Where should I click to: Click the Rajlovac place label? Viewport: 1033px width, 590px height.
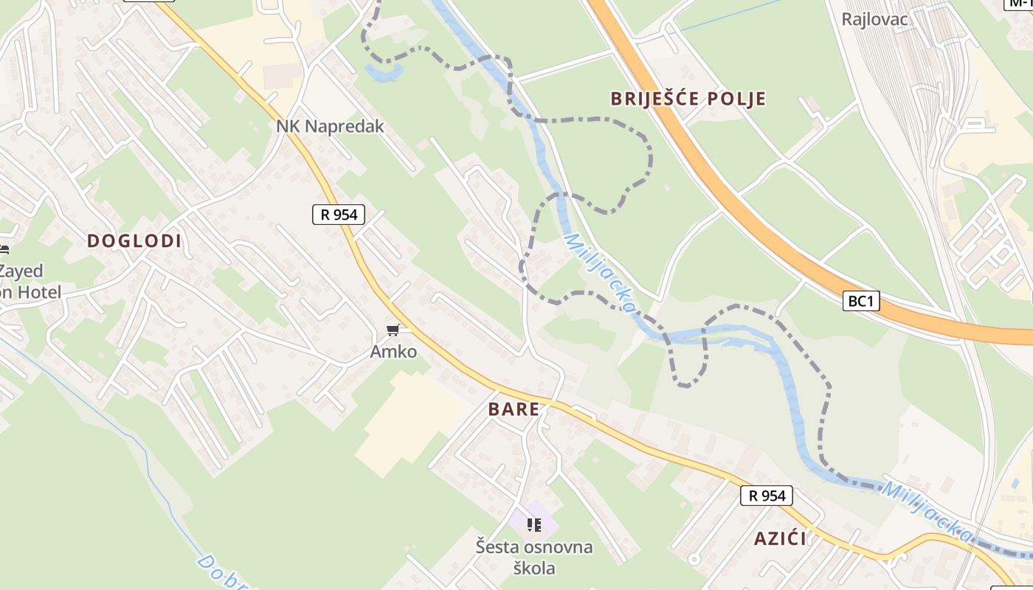pyautogui.click(x=874, y=18)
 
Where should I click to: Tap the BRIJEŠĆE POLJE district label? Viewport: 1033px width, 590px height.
pyautogui.click(x=688, y=99)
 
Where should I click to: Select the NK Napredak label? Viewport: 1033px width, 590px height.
pyautogui.click(x=330, y=126)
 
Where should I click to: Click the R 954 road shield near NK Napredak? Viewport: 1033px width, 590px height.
pyautogui.click(x=339, y=215)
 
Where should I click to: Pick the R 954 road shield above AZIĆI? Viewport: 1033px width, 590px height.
pyautogui.click(x=767, y=496)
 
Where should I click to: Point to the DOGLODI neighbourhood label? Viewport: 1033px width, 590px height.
pyautogui.click(x=134, y=240)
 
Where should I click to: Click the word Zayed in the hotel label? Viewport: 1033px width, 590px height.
pyautogui.click(x=22, y=271)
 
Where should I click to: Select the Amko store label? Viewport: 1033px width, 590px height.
pyautogui.click(x=393, y=352)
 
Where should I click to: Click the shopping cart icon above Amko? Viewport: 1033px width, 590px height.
pyautogui.click(x=393, y=330)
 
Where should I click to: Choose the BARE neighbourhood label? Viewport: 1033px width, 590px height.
pyautogui.click(x=514, y=409)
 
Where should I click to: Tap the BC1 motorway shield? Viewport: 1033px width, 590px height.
pyautogui.click(x=862, y=301)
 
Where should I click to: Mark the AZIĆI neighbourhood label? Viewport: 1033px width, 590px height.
pyautogui.click(x=780, y=538)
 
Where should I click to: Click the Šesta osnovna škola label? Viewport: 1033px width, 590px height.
pyautogui.click(x=534, y=558)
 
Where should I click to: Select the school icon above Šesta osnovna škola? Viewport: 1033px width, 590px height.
pyautogui.click(x=534, y=525)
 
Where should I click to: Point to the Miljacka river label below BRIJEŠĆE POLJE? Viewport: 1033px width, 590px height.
pyautogui.click(x=599, y=272)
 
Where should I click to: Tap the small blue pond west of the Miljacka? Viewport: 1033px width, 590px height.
pyautogui.click(x=384, y=72)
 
